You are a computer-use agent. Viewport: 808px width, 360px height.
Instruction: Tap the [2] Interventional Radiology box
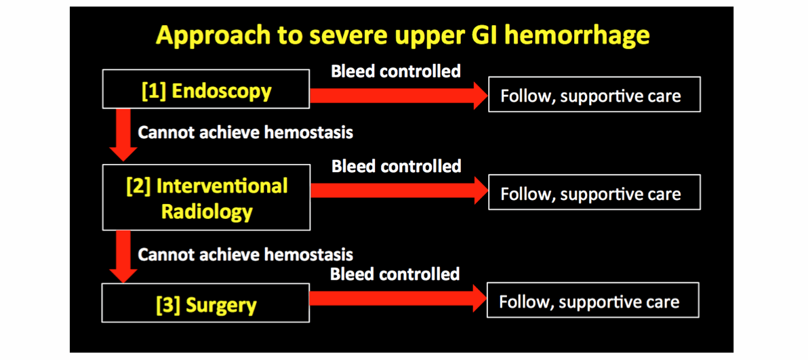[x=206, y=199]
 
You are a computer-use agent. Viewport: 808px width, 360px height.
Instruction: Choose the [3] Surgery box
[x=206, y=304]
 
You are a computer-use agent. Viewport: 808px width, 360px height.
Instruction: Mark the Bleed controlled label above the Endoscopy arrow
[x=396, y=71]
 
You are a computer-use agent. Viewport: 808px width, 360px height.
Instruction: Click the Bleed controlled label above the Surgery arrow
[x=395, y=275]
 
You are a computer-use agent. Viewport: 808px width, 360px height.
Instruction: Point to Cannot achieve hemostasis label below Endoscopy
[x=245, y=132]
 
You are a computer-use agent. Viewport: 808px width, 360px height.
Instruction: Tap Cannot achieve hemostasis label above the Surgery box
[x=245, y=255]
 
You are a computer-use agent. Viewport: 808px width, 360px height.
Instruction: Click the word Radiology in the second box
[x=207, y=212]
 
